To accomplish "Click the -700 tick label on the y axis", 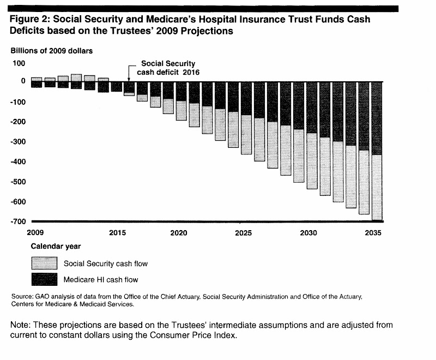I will (x=18, y=221).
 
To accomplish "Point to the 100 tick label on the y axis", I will (x=19, y=63).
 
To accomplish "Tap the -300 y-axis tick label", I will (x=18, y=142).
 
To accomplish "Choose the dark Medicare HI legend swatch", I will (x=44, y=280).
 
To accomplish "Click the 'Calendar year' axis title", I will (x=56, y=247).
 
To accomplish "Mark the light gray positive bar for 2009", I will (x=37, y=79).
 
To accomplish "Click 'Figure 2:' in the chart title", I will (x=29, y=19).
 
